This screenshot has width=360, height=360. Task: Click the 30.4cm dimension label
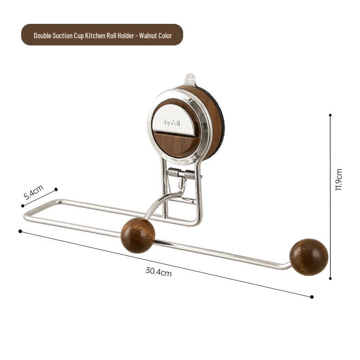tap(158, 271)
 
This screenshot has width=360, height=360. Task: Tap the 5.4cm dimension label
tap(33, 193)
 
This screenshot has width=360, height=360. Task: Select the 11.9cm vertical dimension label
tap(339, 180)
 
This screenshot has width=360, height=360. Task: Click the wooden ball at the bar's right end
tap(308, 257)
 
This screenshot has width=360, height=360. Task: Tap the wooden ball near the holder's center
tap(138, 235)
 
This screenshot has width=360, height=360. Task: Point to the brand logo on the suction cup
tap(172, 121)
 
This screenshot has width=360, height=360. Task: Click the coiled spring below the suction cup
tap(181, 174)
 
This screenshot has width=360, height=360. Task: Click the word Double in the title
tap(44, 35)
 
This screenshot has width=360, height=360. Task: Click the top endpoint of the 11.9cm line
tap(330, 115)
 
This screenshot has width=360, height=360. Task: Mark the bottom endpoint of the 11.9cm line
tap(330, 279)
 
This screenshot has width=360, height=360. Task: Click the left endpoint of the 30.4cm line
tap(20, 231)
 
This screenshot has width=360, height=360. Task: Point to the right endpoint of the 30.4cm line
tap(312, 297)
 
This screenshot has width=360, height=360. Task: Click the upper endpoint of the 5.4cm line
tap(56, 189)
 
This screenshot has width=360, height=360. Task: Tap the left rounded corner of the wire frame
tap(26, 217)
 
